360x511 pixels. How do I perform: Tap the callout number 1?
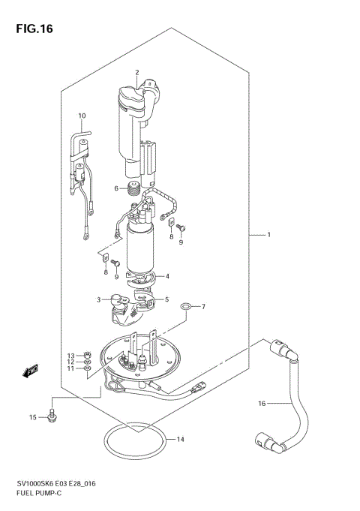(267, 236)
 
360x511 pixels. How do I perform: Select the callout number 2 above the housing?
(137, 72)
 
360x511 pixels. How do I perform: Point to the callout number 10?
(82, 116)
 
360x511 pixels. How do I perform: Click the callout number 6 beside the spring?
(116, 188)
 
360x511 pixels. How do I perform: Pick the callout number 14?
(179, 439)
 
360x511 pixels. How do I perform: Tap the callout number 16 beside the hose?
(262, 404)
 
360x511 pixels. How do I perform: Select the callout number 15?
(32, 416)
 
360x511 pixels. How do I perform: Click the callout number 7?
(181, 306)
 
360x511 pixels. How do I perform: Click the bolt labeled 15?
(52, 414)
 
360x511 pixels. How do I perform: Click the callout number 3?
(98, 299)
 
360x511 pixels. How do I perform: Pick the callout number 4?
(167, 275)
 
